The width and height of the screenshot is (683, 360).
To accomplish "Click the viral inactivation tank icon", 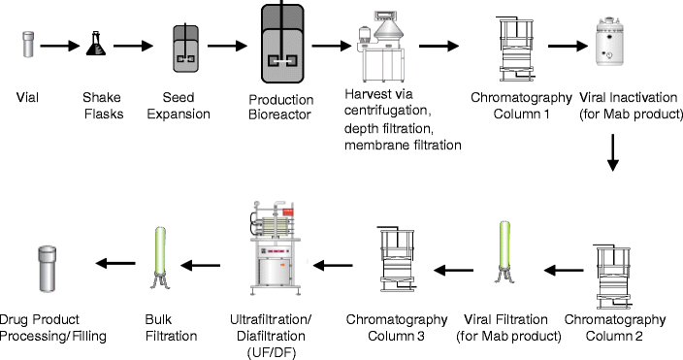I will (x=613, y=43).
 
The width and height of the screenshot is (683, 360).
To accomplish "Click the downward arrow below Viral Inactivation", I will (x=613, y=153).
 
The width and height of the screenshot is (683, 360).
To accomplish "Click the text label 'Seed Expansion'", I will (x=185, y=106).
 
